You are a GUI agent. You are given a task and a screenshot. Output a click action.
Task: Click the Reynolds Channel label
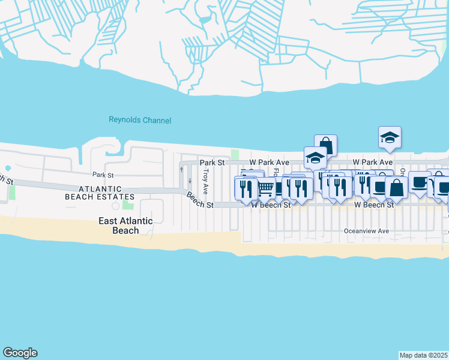tap(140, 120)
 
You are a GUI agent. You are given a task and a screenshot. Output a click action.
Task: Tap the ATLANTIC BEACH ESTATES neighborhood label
tap(100, 193)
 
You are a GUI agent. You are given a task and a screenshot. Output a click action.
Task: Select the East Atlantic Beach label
tap(126, 226)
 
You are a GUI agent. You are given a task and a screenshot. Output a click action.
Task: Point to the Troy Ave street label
tap(205, 181)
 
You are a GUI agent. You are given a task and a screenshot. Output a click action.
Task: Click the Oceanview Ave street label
tap(367, 230)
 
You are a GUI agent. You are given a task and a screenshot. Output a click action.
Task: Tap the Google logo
tap(20, 353)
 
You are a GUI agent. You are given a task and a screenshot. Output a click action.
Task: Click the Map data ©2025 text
tap(423, 355)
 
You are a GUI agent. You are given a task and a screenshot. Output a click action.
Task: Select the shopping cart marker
tap(266, 188)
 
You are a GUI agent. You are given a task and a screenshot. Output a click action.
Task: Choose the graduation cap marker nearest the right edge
tap(390, 138)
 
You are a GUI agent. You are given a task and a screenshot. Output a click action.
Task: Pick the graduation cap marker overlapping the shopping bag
tap(315, 158)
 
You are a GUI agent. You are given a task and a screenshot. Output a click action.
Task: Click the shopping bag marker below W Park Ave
tap(397, 187)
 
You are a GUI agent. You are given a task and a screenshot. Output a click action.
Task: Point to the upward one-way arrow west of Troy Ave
tap(182, 169)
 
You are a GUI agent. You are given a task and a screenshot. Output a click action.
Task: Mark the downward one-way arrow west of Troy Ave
tap(190, 181)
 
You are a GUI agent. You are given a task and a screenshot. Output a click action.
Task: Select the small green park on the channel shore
tap(235, 155)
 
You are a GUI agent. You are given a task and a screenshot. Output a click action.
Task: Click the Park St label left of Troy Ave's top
tap(212, 163)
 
